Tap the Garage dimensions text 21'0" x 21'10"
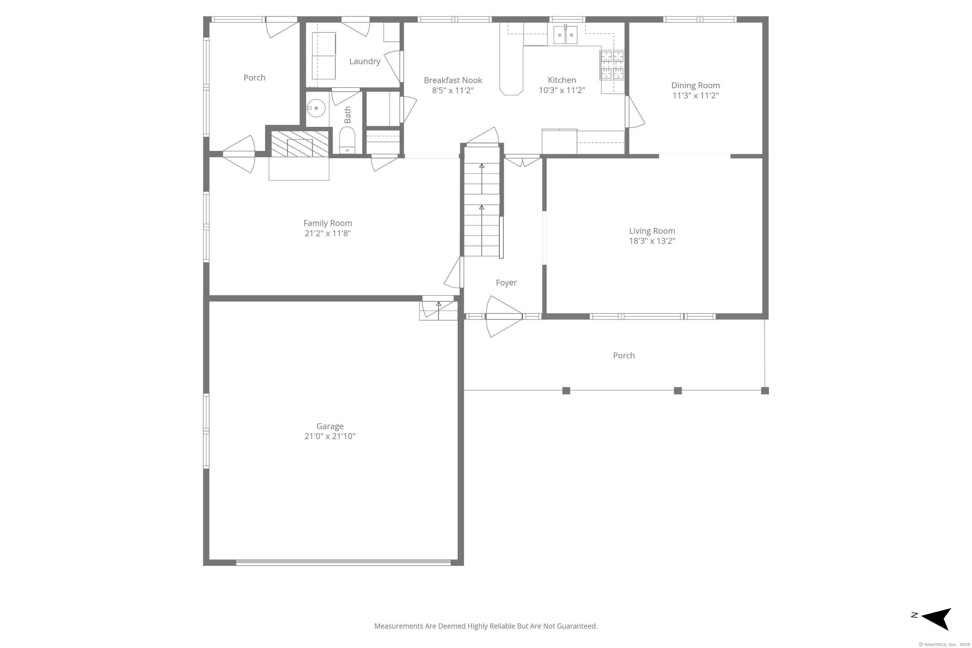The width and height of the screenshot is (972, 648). pos(330,436)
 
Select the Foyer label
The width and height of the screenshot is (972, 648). pos(506,283)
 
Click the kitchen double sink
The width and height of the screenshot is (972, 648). pos(565,35)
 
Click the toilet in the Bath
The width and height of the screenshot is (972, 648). pos(347,140)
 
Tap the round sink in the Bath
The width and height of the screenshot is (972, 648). pos(316,108)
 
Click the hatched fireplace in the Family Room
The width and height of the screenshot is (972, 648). pos(300,144)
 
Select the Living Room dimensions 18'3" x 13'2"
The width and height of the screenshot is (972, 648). pos(652,241)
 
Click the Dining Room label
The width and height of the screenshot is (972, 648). pos(695,85)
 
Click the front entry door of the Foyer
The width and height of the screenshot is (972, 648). pos(504,316)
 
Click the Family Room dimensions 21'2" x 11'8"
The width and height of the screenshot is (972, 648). pos(328,234)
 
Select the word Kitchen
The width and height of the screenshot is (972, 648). pos(562,80)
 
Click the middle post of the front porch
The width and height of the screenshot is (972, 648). pos(678,390)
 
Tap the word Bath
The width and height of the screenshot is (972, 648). pos(347,115)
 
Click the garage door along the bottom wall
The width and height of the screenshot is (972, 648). pos(343,563)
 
